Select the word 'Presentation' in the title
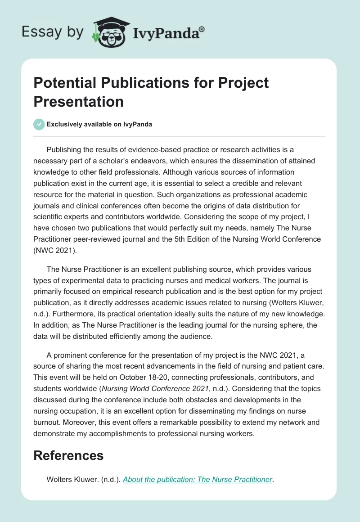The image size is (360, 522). coord(79,101)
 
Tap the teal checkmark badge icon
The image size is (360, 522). coord(39,124)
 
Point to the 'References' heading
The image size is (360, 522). coord(68,455)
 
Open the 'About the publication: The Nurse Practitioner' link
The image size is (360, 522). coord(197,479)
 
